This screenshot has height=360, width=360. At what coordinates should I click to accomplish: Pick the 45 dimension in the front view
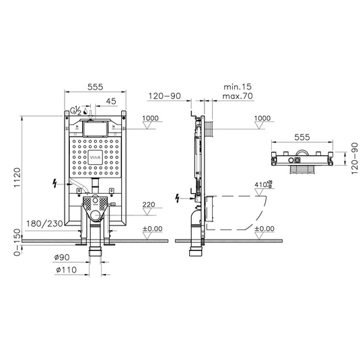pos(110,101)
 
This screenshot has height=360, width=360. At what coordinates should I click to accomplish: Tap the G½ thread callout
pos(76,112)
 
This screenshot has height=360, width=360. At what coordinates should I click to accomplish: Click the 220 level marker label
pos(150,205)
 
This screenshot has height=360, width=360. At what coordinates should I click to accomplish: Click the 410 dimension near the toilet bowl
pos(262,183)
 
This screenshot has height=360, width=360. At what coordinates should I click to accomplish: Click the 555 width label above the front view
pos(95,87)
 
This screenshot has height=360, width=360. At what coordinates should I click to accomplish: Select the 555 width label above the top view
pos(303,137)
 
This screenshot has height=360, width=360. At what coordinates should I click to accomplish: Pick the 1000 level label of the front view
pos(152,118)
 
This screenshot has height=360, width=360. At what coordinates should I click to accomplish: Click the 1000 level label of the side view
pos(263,118)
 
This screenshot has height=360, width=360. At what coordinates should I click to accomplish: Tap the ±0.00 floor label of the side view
pos(262,229)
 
